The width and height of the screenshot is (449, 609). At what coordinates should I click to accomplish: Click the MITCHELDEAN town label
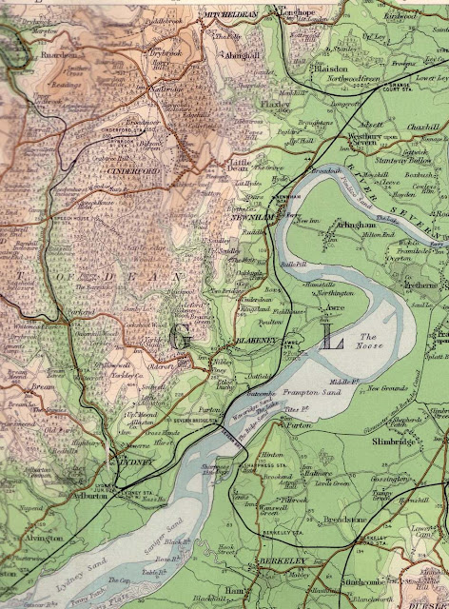pos(231,16)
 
